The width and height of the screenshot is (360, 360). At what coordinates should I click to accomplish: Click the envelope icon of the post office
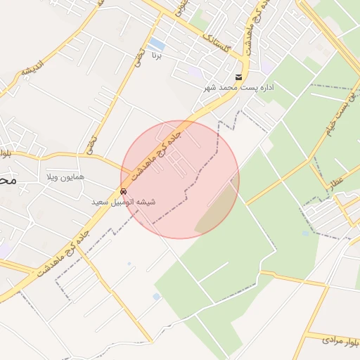pyautogui.click(x=239, y=77)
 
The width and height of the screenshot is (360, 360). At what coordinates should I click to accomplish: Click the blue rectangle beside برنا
pyautogui.click(x=157, y=44)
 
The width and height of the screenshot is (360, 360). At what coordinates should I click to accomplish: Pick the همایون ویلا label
pyautogui.click(x=66, y=176)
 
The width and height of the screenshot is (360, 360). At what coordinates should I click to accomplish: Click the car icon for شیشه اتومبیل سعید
pyautogui.click(x=124, y=191)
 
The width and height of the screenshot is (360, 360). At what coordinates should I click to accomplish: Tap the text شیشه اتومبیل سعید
pyautogui.click(x=124, y=202)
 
